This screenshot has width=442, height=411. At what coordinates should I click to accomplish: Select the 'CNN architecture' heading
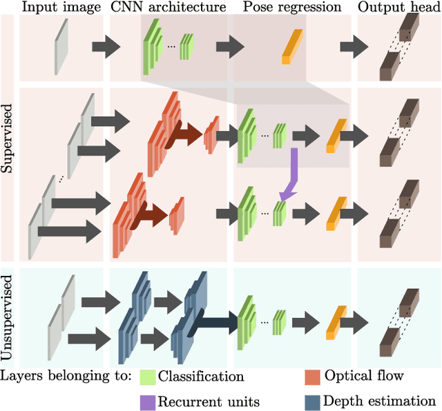pos(168,8)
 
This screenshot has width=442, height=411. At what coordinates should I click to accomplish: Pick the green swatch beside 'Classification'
pos(147,377)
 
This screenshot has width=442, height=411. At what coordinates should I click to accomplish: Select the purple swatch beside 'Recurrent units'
pos(147,401)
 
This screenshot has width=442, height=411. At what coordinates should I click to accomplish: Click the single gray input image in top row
pos(61,46)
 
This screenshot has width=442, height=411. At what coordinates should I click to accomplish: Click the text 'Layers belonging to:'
pos(67,377)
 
